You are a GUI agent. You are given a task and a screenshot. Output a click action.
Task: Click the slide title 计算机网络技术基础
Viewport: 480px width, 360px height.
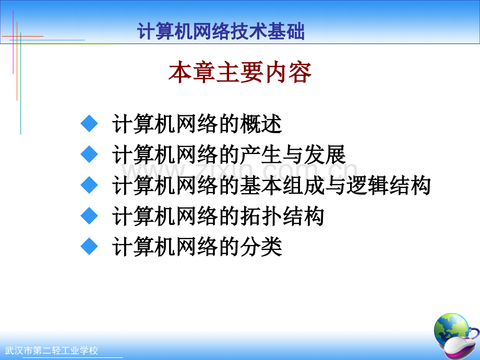(x=221, y=31)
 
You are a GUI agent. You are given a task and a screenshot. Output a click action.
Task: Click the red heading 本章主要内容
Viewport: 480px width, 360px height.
(x=240, y=72)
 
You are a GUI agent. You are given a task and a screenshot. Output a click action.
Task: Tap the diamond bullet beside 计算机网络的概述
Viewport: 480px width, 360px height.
(x=89, y=123)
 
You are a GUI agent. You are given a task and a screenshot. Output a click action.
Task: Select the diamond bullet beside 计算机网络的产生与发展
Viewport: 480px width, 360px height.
(x=89, y=154)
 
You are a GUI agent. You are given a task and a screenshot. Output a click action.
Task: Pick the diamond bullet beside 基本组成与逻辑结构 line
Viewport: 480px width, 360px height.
(x=89, y=185)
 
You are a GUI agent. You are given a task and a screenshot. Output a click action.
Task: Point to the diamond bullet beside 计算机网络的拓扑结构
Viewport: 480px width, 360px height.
(x=89, y=216)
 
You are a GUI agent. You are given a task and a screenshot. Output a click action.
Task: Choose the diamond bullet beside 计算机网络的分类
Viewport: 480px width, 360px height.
(x=89, y=246)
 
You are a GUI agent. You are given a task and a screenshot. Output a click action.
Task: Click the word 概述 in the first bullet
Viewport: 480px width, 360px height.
(x=261, y=124)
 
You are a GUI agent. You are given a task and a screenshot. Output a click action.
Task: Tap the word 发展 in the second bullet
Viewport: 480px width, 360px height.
(x=325, y=154)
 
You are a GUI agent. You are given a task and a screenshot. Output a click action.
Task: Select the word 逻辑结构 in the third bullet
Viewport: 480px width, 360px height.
(x=389, y=185)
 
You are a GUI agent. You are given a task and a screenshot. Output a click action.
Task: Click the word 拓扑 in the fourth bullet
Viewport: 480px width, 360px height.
(x=261, y=216)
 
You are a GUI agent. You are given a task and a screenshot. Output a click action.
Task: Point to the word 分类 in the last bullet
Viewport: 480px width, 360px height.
(x=261, y=247)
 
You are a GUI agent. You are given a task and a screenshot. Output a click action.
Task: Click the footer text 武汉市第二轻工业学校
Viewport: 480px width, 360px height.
(x=52, y=351)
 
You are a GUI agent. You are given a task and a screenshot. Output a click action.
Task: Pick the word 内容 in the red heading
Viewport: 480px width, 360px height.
(x=288, y=72)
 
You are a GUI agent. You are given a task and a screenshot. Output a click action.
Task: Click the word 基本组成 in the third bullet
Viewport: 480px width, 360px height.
(x=282, y=185)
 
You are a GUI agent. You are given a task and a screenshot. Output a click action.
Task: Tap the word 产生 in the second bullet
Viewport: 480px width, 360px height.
(x=261, y=154)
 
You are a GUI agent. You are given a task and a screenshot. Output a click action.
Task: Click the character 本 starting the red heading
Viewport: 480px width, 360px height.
(x=180, y=72)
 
